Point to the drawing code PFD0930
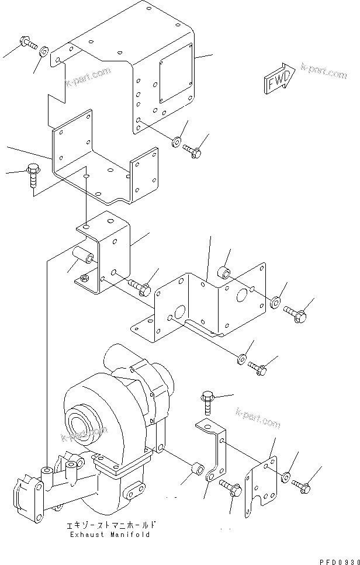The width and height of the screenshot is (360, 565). (x=337, y=559)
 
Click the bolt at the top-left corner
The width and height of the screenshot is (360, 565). (x=27, y=42)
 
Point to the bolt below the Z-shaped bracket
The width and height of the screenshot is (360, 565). (x=230, y=488)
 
